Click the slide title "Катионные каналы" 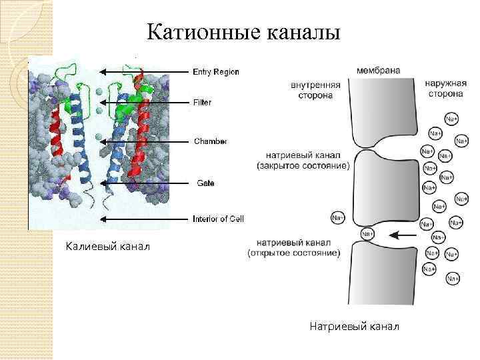243,32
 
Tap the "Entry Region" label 216,72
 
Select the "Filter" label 202,103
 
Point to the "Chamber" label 210,141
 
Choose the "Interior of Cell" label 218,219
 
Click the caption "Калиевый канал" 108,248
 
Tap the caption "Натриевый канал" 354,326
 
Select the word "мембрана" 378,70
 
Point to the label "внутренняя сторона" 315,90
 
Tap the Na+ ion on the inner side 338,218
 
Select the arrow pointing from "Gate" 143,183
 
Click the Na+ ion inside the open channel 367,234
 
